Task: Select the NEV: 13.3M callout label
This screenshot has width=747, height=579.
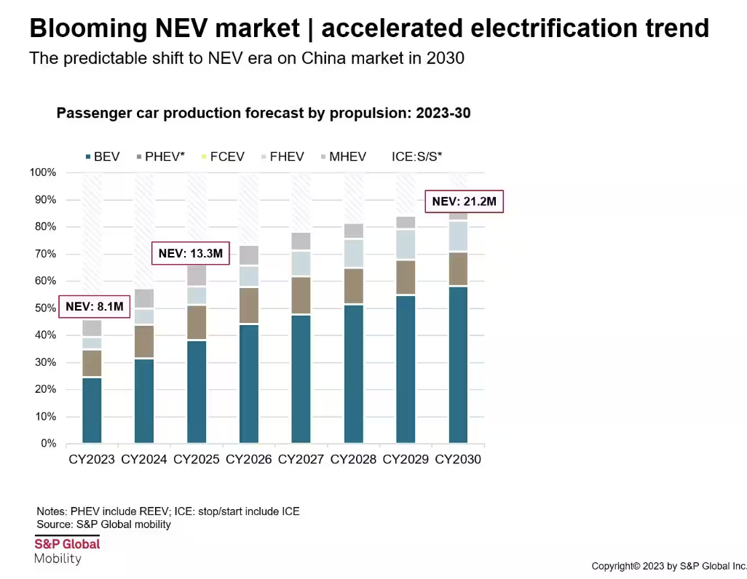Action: (x=189, y=253)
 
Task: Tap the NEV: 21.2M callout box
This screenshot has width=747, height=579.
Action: (x=464, y=201)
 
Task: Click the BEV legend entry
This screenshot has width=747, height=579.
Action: (x=102, y=156)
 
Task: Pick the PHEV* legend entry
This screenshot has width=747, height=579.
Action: (x=160, y=156)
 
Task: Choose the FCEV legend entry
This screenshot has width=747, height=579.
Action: (x=224, y=156)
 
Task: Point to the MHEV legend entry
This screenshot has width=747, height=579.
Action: (x=343, y=156)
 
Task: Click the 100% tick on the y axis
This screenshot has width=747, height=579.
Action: (x=43, y=172)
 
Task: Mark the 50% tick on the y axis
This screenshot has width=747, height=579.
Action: (x=45, y=308)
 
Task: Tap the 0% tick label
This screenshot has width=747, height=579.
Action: (x=48, y=443)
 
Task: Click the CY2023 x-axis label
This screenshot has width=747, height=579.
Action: (x=92, y=460)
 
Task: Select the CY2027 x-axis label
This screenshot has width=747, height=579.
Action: (x=301, y=460)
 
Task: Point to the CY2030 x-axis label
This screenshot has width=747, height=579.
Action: (x=458, y=460)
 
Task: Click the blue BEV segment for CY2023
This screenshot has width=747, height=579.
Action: (x=92, y=410)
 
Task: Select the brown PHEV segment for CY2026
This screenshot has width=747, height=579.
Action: (x=249, y=306)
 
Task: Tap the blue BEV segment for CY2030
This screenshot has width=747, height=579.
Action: (x=458, y=364)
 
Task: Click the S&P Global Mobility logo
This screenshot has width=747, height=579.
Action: (x=67, y=551)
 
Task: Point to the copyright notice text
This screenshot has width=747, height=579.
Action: (x=668, y=565)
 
